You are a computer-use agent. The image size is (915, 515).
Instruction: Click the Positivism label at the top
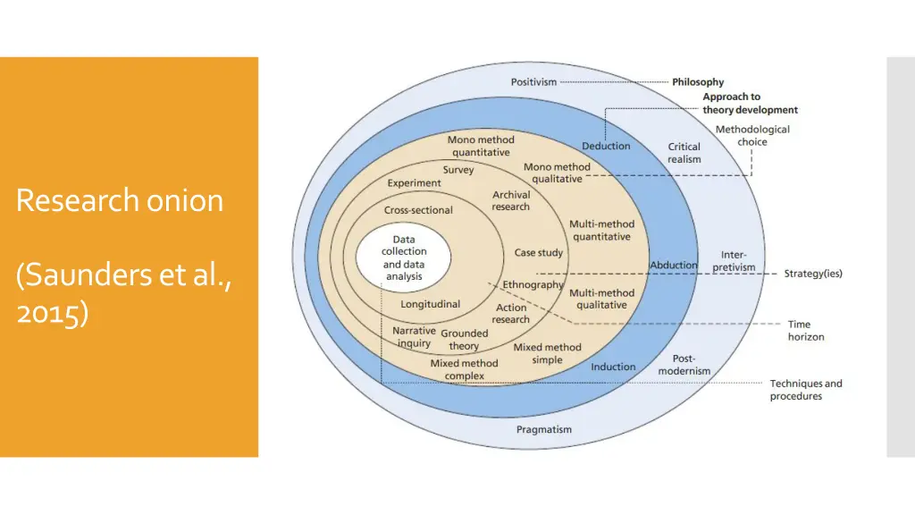[533, 82]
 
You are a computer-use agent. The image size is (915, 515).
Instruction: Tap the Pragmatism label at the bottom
[543, 430]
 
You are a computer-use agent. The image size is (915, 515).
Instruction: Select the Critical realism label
[684, 153]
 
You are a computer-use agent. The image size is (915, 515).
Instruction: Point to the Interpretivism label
[734, 261]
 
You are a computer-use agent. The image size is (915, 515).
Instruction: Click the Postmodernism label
[684, 365]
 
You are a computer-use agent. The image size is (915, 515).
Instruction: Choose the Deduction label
[606, 146]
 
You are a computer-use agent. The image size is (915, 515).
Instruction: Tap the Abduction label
[674, 265]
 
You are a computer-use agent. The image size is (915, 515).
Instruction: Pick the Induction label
[613, 367]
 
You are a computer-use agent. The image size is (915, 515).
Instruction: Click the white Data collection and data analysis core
[404, 258]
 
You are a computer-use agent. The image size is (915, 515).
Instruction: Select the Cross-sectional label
[418, 210]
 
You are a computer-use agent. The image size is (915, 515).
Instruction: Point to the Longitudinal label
[430, 304]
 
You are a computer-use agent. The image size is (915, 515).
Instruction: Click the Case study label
[539, 253]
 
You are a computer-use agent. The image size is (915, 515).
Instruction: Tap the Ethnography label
[533, 285]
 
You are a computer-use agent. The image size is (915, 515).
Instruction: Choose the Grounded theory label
[465, 340]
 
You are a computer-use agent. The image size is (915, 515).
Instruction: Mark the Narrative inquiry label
[414, 337]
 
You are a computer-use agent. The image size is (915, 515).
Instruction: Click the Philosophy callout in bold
[698, 82]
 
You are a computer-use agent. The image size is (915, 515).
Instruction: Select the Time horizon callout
[805, 331]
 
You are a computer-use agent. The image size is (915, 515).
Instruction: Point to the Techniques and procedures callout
[806, 390]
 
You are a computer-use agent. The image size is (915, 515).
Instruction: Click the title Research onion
[120, 199]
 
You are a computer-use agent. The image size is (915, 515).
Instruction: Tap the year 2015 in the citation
[52, 314]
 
